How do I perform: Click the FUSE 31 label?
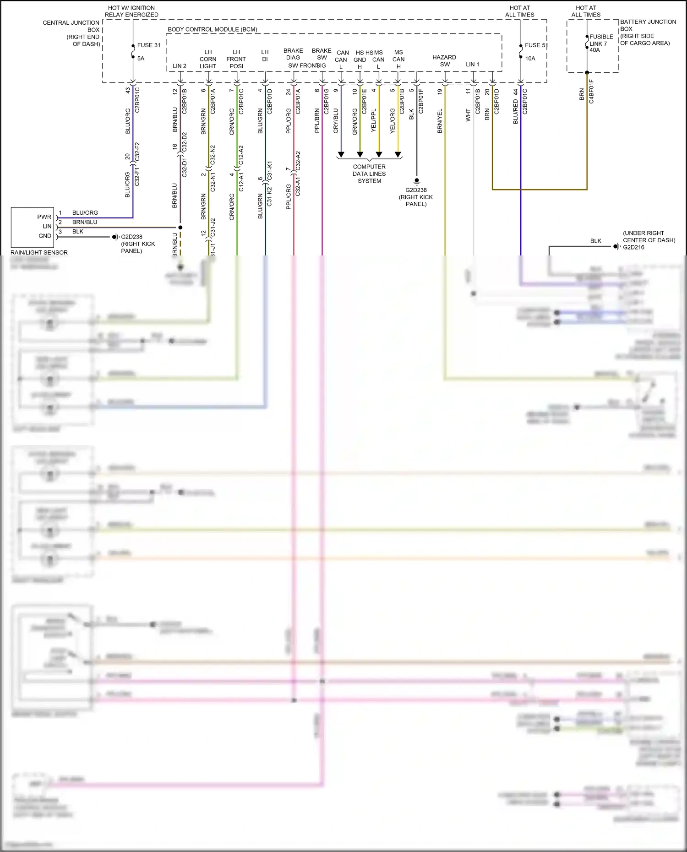149,45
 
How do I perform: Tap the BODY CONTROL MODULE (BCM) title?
212,29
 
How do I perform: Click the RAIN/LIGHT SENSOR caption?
39,252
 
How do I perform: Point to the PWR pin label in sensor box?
44,217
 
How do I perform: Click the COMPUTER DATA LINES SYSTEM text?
369,174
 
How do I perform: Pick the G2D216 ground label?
633,247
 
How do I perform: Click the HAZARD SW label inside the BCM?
444,60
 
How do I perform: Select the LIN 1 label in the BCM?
472,65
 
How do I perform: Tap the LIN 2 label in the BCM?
180,66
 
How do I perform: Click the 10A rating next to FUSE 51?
530,58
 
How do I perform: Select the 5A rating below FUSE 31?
141,58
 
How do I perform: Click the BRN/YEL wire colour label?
440,121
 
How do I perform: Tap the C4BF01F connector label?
591,92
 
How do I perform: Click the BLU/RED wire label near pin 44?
515,112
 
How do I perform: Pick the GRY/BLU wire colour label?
336,121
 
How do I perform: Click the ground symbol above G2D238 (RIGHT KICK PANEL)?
416,181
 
